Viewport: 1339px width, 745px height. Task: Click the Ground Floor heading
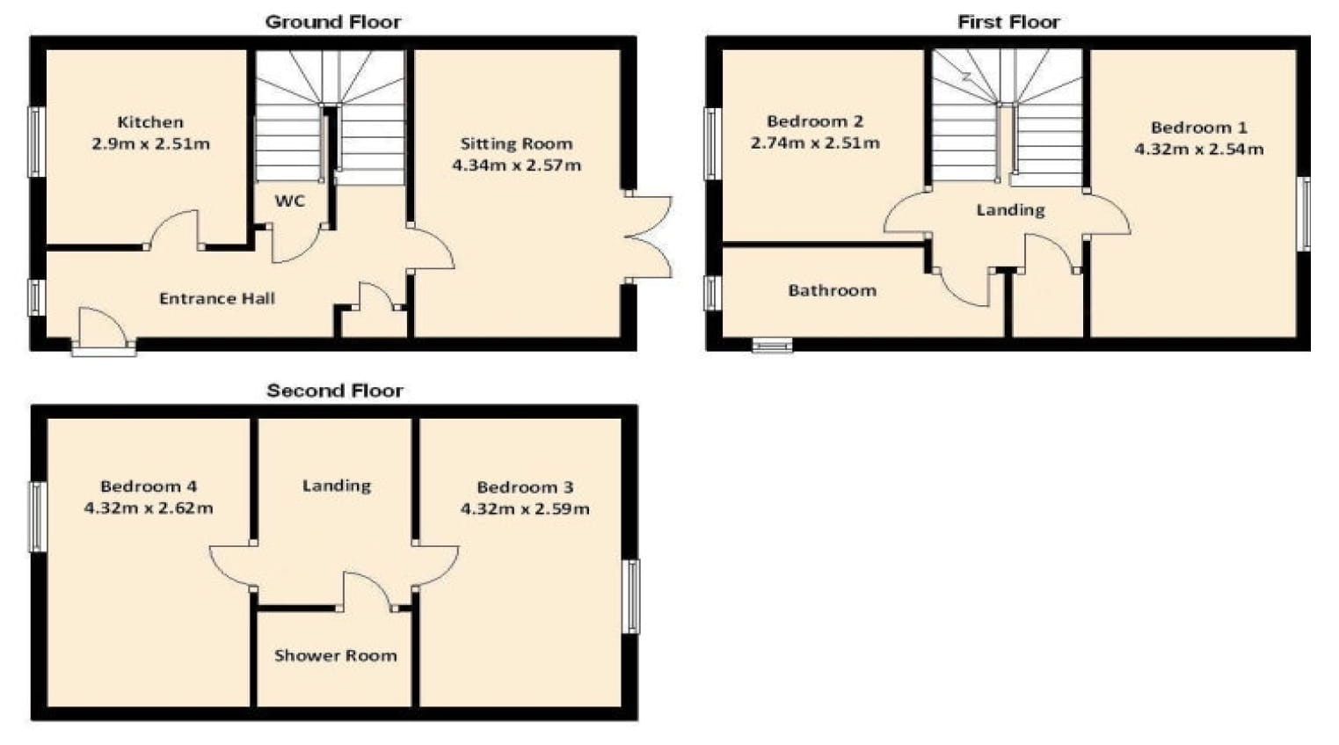[333, 22]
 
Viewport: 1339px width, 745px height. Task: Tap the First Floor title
[1008, 22]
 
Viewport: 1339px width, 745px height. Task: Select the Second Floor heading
[335, 391]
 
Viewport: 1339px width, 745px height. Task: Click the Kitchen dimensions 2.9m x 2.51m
[150, 143]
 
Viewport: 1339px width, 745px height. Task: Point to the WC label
[289, 201]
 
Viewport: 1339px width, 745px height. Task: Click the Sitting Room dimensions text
[516, 164]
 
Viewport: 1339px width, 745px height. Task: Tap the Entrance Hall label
[216, 298]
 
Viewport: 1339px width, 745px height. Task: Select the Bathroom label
[832, 290]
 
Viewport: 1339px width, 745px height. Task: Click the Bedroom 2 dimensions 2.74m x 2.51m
[815, 142]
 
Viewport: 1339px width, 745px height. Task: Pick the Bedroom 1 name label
[1198, 128]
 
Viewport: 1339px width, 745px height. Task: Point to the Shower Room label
[335, 655]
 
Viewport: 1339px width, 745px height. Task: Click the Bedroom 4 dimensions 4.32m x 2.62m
[149, 508]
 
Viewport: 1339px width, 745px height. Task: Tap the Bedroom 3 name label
[525, 486]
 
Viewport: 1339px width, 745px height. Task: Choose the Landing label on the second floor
[336, 486]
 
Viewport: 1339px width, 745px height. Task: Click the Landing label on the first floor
[1010, 209]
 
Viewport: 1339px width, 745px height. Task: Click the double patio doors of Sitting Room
[649, 237]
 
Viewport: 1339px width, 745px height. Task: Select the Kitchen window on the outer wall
[37, 142]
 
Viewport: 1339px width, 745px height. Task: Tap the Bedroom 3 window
[631, 595]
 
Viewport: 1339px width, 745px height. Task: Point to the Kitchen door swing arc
[174, 228]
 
